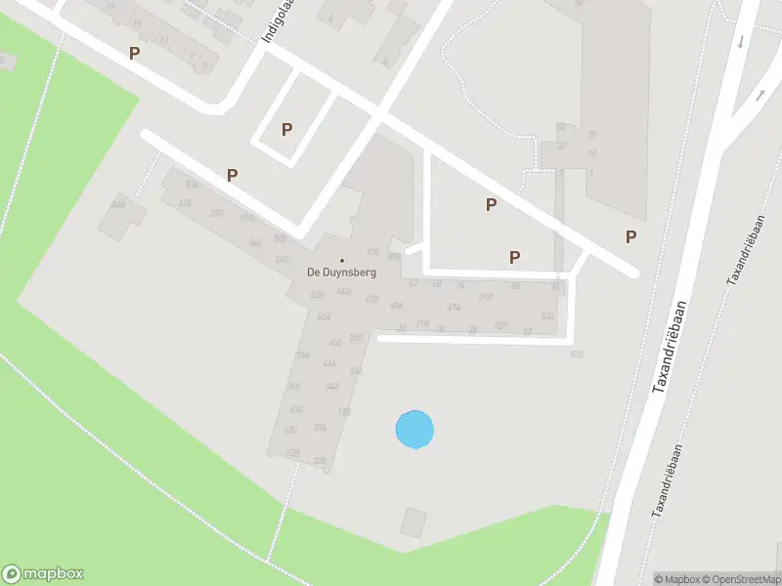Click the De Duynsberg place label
[x=341, y=273]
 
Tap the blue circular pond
[x=414, y=430]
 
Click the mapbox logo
[x=43, y=574]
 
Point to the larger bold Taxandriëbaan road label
[x=671, y=347]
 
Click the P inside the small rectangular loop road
[x=286, y=129]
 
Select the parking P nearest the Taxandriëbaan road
[x=631, y=236]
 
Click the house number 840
[x=118, y=204]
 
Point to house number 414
[x=454, y=308]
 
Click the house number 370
[x=216, y=214]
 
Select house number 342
[x=331, y=388]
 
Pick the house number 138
[x=343, y=412]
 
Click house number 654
[x=324, y=317]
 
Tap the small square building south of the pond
[x=413, y=523]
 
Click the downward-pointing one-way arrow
[x=740, y=41]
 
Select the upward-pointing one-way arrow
[x=760, y=95]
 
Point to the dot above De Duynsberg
[x=341, y=260]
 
